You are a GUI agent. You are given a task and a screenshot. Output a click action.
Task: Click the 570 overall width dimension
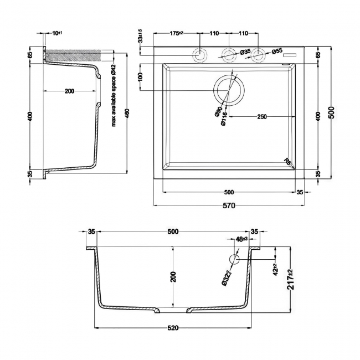click(x=229, y=206)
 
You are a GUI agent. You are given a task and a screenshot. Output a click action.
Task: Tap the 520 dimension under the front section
click(x=172, y=328)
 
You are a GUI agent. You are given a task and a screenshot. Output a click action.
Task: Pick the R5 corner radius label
click(x=287, y=161)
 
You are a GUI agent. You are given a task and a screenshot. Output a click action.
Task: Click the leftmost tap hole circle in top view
click(x=198, y=55)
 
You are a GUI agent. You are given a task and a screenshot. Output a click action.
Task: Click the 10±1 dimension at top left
click(x=56, y=34)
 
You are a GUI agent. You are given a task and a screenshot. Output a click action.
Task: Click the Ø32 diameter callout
click(x=225, y=275)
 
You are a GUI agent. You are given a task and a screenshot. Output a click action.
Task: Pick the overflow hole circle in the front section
click(x=234, y=259)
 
